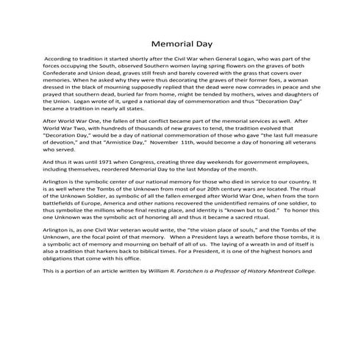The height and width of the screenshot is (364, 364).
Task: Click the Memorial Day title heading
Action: [182, 43]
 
